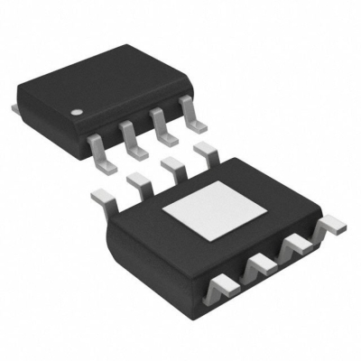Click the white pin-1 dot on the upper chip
[x=78, y=115]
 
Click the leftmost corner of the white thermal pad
[x=162, y=209]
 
